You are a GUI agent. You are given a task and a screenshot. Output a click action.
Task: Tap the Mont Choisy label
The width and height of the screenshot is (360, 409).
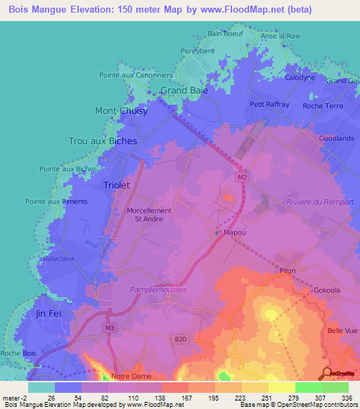121,111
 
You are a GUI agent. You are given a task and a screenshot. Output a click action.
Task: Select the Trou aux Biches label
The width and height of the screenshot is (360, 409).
103,141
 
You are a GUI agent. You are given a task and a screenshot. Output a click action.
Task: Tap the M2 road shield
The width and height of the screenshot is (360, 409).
242,178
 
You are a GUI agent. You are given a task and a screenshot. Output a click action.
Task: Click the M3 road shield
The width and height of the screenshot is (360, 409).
109,327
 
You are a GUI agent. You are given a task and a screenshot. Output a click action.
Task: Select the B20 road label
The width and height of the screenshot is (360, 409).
181,339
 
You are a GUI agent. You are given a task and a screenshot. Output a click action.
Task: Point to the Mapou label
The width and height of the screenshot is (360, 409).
234,232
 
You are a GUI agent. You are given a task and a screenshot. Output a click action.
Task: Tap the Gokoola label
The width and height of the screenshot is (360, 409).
327,290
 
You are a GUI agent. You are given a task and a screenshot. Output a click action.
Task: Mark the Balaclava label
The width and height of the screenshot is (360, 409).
59,259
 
